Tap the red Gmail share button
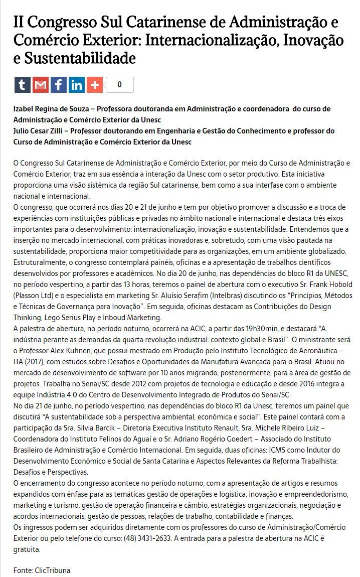click(x=40, y=85)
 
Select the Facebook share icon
click(x=58, y=85)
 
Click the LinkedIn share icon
click(x=76, y=85)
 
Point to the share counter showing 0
click(x=119, y=85)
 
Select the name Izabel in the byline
click(x=24, y=109)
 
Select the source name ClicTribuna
click(x=53, y=570)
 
